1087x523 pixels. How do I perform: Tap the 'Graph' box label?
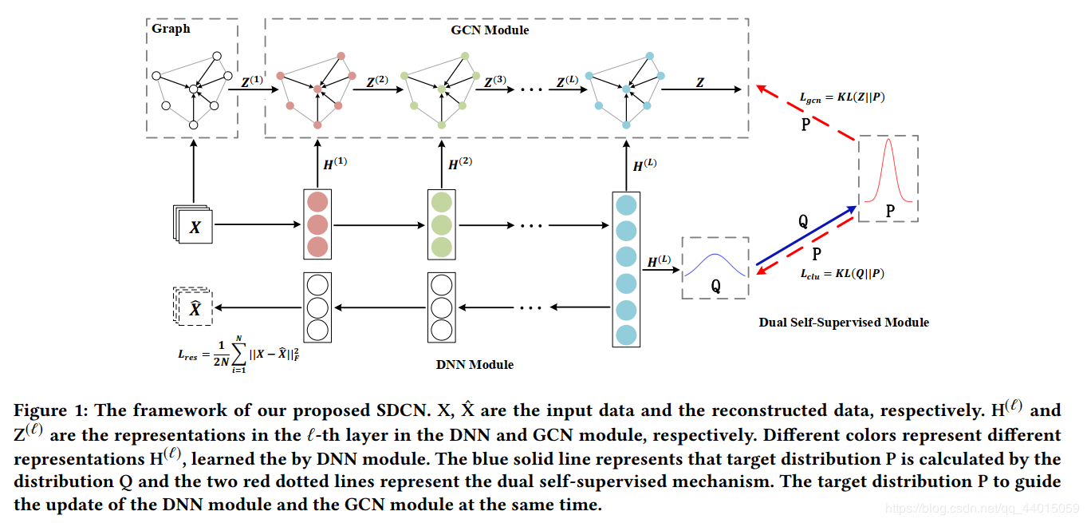(x=171, y=29)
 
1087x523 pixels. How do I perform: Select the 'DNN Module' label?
(x=475, y=364)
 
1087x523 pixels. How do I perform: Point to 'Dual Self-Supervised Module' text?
(x=844, y=322)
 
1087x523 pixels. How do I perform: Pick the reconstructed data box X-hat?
(x=194, y=307)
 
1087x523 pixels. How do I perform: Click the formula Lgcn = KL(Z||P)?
(x=841, y=97)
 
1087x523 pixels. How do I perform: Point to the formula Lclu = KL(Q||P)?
(x=841, y=274)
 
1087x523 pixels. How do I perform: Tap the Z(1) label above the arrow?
(x=251, y=81)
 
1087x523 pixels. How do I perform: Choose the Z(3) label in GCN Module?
(x=494, y=81)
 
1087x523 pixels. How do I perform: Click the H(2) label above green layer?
(x=459, y=164)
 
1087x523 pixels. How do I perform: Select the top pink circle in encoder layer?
(x=317, y=202)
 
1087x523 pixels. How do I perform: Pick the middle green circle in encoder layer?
(x=440, y=224)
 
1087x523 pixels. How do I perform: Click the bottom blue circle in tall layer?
(x=625, y=335)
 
